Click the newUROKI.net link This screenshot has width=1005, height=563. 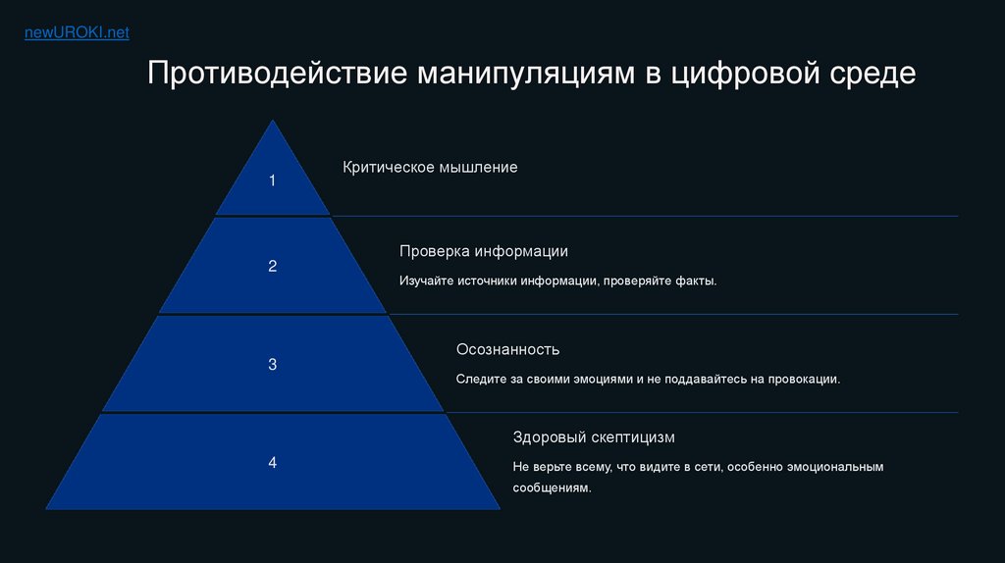pos(77,32)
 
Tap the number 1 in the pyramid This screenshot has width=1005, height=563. pos(273,180)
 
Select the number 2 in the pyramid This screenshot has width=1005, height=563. pos(273,266)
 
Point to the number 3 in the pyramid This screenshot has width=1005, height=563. pos(273,365)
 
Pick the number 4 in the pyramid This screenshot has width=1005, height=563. pos(273,462)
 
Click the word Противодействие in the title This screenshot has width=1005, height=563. pos(277,73)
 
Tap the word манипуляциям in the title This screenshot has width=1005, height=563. pos(526,74)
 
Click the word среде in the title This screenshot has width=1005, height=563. pos(873,74)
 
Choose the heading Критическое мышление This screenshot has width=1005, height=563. pos(430,167)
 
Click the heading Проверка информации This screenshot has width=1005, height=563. pos(484,251)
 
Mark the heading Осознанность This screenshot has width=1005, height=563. pos(507,350)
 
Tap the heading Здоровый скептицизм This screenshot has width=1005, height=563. pos(594,437)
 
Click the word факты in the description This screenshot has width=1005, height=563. pos(696,281)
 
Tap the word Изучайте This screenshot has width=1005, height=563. pos(426,281)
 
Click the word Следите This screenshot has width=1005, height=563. pos(481,380)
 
